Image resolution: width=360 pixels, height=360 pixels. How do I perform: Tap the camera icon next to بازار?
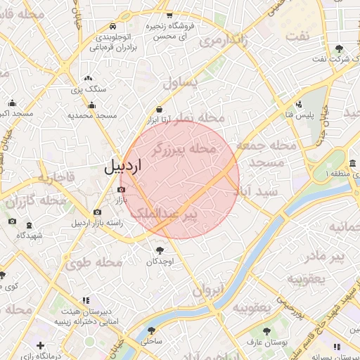[119, 188]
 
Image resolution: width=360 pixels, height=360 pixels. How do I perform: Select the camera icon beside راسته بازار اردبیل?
[97, 212]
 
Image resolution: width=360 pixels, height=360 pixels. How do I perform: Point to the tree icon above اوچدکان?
[161, 250]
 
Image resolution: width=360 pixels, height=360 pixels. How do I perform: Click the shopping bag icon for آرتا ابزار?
[160, 109]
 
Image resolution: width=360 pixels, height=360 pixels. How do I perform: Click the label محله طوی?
[94, 263]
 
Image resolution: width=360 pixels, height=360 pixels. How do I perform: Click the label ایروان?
[209, 289]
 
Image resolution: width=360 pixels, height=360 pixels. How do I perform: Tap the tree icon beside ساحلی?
[151, 330]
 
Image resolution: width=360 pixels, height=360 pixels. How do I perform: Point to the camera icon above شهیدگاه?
[12, 222]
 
